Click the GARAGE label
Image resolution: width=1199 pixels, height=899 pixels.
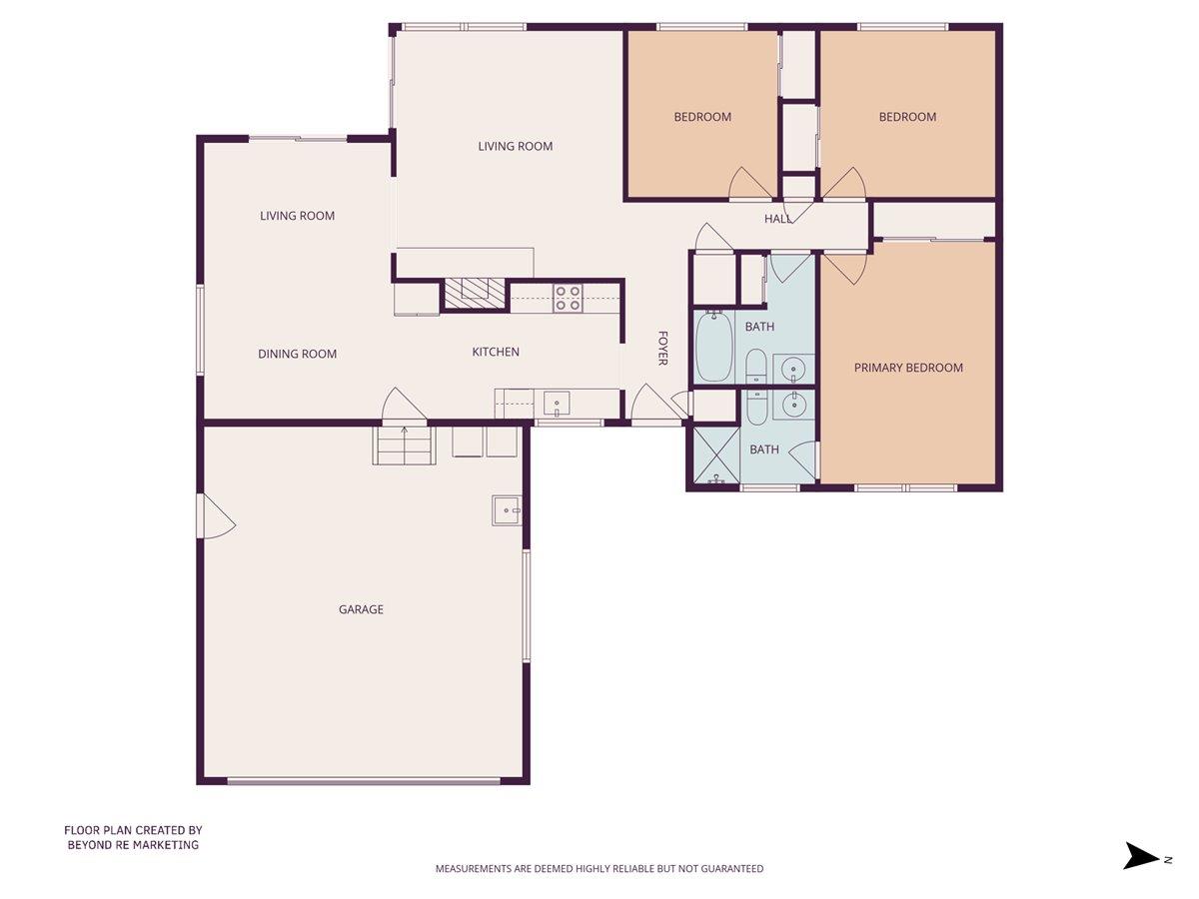(x=361, y=609)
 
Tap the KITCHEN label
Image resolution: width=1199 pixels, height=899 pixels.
(x=496, y=352)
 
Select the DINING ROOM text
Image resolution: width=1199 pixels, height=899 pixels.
(x=297, y=354)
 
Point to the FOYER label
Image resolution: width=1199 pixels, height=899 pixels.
(x=661, y=348)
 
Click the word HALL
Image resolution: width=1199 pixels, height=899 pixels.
(x=778, y=219)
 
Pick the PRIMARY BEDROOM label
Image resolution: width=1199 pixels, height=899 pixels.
(x=908, y=368)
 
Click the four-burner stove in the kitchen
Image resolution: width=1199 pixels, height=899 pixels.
(x=568, y=298)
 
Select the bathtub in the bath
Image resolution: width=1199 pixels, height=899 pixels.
(x=713, y=347)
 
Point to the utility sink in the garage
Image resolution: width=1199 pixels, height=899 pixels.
(x=507, y=509)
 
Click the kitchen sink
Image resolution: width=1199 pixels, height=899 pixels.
(x=557, y=405)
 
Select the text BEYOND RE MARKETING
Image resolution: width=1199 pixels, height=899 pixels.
(x=133, y=845)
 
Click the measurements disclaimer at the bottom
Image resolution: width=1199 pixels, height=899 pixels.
(x=599, y=869)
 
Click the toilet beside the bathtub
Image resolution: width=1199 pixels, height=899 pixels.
(x=755, y=367)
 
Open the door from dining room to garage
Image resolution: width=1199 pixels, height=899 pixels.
(x=405, y=406)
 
